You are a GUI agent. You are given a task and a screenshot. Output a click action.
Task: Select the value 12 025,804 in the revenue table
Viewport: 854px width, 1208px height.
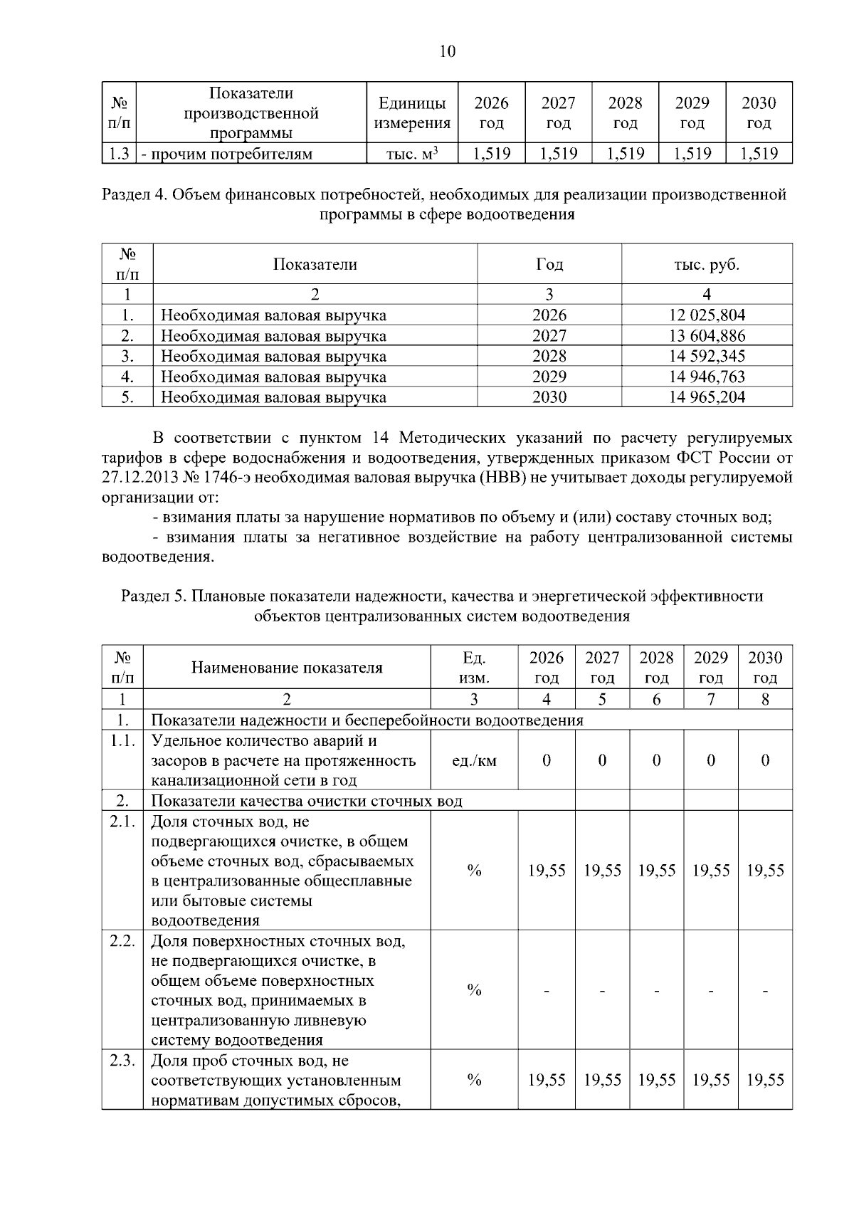point(707,315)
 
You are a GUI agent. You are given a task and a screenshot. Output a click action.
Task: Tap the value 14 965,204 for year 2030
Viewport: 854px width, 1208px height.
point(707,397)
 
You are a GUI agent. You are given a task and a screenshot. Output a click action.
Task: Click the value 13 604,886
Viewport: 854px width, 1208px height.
point(707,335)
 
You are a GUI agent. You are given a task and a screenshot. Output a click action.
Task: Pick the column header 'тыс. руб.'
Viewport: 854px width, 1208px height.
point(707,264)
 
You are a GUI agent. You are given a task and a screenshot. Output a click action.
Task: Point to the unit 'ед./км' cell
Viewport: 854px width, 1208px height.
point(475,761)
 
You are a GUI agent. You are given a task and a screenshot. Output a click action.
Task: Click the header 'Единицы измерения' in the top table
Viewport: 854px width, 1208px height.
point(412,113)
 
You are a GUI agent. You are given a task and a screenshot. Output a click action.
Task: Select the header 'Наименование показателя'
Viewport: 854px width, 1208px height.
point(287,668)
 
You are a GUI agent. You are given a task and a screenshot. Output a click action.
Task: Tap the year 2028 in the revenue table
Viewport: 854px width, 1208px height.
point(549,356)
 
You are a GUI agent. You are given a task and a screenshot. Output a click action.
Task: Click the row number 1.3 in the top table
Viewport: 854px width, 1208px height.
point(119,154)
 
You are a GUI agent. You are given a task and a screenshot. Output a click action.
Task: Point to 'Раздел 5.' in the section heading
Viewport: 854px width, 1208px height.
point(153,596)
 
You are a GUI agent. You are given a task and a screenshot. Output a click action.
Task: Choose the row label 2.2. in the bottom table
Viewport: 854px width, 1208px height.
point(122,941)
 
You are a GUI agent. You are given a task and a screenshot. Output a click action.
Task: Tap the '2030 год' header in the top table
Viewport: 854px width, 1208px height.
point(759,113)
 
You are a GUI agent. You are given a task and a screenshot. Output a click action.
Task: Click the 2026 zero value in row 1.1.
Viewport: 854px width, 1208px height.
point(547,761)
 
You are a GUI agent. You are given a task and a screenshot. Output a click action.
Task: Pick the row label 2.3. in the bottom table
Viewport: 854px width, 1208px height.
point(122,1061)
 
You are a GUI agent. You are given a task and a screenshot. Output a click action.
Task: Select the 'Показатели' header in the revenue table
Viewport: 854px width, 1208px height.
point(315,264)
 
